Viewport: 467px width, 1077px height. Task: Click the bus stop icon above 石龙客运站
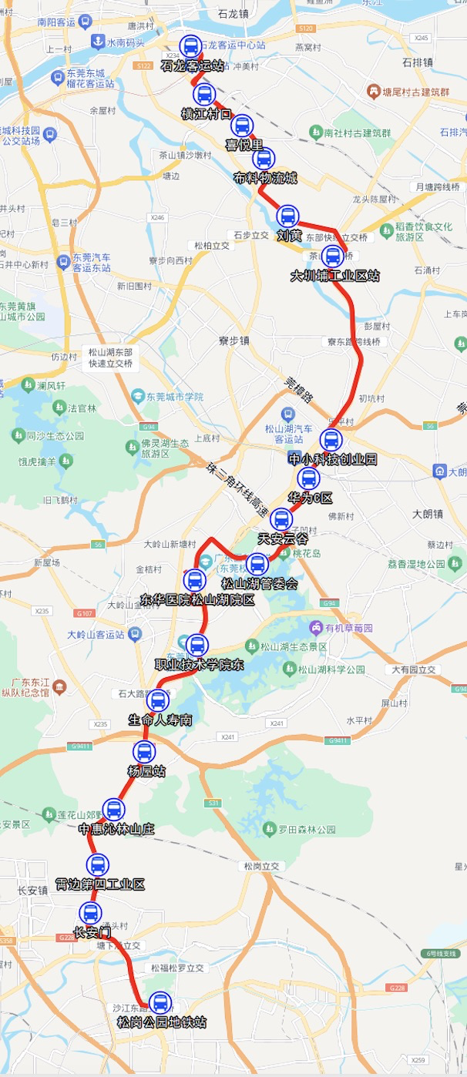pos(190,46)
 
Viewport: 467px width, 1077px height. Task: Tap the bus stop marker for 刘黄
pos(287,216)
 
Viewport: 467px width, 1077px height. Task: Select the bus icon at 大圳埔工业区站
pos(333,257)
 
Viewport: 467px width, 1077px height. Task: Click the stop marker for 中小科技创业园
pos(331,440)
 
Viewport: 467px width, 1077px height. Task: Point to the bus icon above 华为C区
pos(308,478)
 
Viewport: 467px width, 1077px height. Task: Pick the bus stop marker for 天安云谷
pos(281,519)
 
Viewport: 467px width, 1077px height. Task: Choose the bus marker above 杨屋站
pos(144,752)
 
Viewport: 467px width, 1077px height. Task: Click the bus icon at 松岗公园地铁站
pos(160,1003)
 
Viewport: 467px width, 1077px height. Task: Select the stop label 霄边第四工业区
pos(100,884)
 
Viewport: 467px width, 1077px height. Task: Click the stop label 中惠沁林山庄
pos(116,829)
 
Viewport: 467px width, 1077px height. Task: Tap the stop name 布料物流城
pos(265,179)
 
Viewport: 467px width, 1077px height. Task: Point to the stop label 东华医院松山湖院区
pos(197,599)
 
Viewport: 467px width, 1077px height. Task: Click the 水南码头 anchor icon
pos(99,42)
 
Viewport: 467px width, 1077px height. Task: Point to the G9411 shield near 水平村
pos(338,740)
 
